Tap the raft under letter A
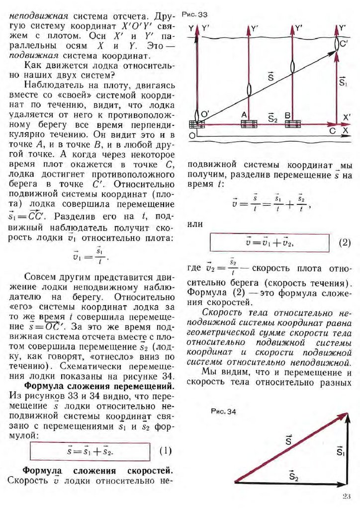(249, 124)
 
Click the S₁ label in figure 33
(343, 81)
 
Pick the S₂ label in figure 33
(272, 117)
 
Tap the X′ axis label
(347, 117)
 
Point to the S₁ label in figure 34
(340, 451)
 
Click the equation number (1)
(166, 451)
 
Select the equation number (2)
(345, 243)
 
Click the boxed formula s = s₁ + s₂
(90, 452)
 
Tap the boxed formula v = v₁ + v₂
(270, 243)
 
